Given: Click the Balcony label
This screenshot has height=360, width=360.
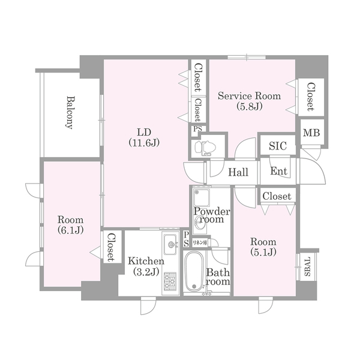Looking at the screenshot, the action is pos(70,113).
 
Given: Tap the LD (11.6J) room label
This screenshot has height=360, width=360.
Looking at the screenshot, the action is pos(144,137).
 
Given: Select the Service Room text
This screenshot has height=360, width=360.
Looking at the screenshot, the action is pos(250,96).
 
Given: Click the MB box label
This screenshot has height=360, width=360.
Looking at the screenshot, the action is pos(311,133).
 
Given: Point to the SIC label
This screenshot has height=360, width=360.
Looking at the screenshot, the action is pos(278,146).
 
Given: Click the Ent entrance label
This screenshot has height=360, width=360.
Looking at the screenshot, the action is pos(278,171).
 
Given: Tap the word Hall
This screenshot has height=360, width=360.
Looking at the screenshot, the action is pos(238,172).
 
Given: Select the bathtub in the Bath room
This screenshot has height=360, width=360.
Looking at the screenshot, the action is pos(194,272).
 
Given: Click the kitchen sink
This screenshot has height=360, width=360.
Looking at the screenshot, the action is pos(171,245).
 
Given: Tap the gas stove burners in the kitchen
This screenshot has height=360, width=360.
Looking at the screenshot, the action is pos(170,281).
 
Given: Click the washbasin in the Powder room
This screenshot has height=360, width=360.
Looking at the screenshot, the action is pos(199,222).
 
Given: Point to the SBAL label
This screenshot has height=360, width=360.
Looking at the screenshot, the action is pos(307,266).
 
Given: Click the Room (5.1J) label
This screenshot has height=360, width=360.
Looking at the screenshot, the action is pos(263,247).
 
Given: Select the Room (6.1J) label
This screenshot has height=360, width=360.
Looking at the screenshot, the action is pos(70,225).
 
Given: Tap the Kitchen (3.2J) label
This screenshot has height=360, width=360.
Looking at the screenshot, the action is pos(146,266).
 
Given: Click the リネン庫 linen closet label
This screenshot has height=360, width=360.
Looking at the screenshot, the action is pos(200,242).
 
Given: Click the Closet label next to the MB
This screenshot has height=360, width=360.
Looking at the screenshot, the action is pos(310,97).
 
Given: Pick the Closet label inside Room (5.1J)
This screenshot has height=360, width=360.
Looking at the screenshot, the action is pos(277,196).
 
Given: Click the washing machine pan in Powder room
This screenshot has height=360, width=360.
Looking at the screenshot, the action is pos(202,197).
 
